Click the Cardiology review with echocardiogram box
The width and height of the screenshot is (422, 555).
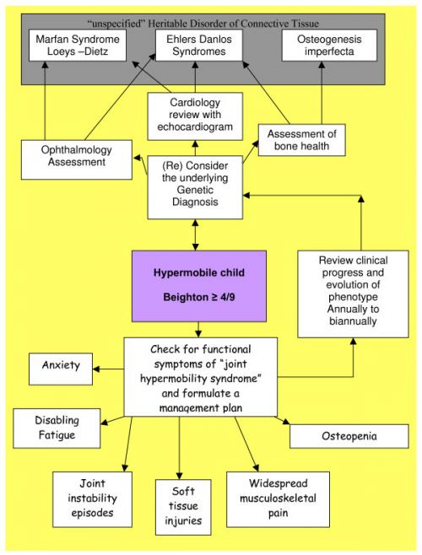click(x=194, y=116)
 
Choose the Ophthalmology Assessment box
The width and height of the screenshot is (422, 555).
click(x=76, y=159)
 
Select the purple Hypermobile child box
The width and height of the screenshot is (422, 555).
click(x=199, y=285)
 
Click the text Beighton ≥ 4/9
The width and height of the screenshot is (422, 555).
click(x=199, y=298)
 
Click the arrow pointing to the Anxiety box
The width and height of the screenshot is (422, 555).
click(x=108, y=369)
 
